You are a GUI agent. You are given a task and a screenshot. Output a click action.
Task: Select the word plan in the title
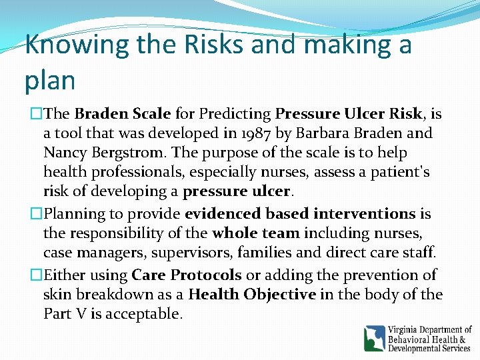pos(50,80)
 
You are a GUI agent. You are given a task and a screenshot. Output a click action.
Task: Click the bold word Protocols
pos(206,275)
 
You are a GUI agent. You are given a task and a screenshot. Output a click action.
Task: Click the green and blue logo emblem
pos(374,338)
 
